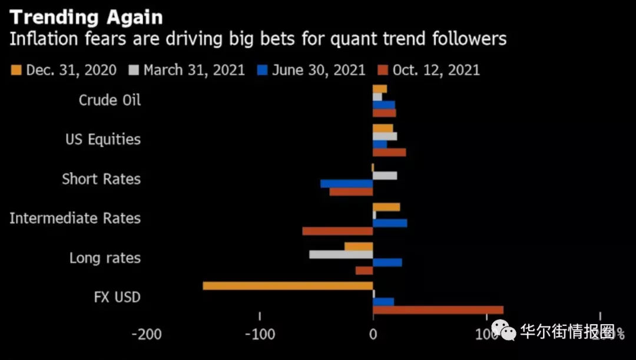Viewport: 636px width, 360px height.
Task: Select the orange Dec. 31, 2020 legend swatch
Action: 16,70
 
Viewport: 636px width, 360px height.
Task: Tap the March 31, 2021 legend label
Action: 194,70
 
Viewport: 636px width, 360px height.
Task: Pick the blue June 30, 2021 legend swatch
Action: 263,70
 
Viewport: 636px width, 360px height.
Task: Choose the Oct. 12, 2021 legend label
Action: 436,70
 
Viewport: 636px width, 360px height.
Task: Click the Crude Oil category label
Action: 110,100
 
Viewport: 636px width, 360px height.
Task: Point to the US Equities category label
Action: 103,140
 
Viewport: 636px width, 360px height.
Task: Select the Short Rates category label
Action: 101,179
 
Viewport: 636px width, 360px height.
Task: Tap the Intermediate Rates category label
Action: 75,219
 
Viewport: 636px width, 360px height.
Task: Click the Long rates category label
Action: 105,258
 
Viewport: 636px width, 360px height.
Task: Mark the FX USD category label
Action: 117,297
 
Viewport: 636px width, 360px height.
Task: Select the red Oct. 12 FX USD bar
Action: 438,310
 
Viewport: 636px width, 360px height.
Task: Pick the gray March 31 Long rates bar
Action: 341,255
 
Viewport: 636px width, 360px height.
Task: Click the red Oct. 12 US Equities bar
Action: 389,153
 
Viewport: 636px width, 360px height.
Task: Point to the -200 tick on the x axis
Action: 146,334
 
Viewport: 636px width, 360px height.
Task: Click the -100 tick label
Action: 260,334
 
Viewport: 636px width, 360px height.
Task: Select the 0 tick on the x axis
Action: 373,334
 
